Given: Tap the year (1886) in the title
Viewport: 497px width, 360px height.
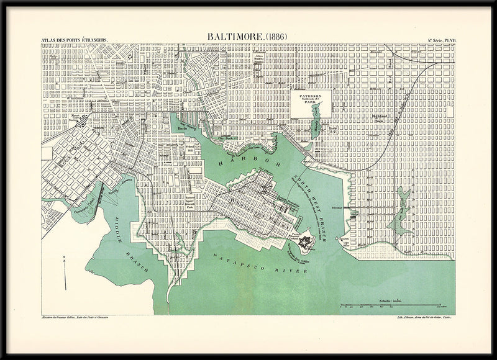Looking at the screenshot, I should (273, 37).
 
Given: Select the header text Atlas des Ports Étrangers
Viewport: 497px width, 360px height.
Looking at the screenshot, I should (74, 40).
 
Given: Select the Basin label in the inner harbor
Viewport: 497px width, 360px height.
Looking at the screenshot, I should (183, 129).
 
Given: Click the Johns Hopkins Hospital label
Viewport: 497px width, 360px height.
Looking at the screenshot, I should (262, 61).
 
